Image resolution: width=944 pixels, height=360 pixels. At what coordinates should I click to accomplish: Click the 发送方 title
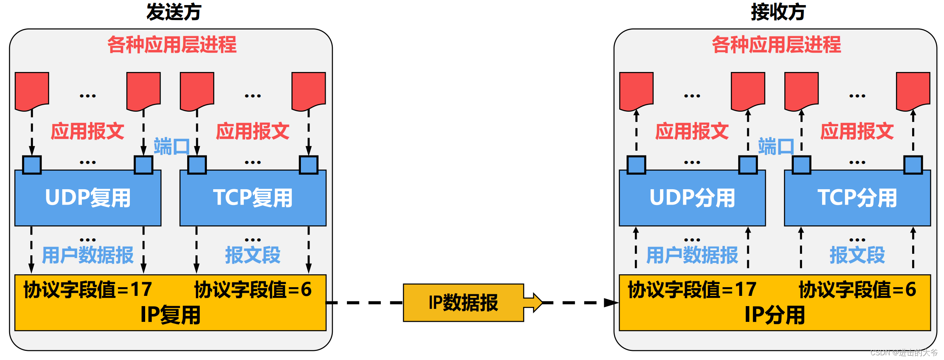click(x=174, y=12)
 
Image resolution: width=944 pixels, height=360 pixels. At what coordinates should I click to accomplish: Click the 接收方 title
click(x=778, y=12)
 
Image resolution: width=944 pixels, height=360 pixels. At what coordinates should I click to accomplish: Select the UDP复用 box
click(x=88, y=198)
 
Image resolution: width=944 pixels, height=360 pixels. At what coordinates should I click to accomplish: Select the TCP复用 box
click(x=253, y=198)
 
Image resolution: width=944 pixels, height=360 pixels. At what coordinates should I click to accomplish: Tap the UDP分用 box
click(x=692, y=198)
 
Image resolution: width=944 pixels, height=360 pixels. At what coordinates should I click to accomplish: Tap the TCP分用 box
click(x=857, y=198)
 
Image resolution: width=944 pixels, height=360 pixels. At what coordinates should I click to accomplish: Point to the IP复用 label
click(x=170, y=315)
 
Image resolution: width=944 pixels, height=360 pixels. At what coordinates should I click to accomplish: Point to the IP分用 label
click(x=774, y=315)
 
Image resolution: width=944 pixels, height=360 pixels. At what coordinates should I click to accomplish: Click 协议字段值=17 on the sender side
click(x=88, y=290)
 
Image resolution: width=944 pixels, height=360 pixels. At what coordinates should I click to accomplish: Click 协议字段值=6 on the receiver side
click(x=857, y=290)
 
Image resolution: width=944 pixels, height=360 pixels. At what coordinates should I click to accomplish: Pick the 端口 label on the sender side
click(x=171, y=147)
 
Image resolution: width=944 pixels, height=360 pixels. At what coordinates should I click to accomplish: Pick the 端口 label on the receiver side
click(x=776, y=147)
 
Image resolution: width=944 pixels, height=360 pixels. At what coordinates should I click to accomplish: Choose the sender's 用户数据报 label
click(x=88, y=255)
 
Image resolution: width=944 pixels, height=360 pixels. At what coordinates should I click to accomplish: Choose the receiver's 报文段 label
click(x=857, y=255)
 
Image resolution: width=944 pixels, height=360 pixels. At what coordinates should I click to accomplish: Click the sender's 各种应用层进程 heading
click(x=172, y=45)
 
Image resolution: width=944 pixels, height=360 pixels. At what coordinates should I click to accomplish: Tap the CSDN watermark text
click(x=904, y=353)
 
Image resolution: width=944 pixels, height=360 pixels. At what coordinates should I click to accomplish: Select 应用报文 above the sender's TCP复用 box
click(x=253, y=131)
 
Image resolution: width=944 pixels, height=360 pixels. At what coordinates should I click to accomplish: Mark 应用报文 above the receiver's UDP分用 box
click(x=692, y=131)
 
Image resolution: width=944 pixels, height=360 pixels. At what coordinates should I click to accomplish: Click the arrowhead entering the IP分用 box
click(x=611, y=303)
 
